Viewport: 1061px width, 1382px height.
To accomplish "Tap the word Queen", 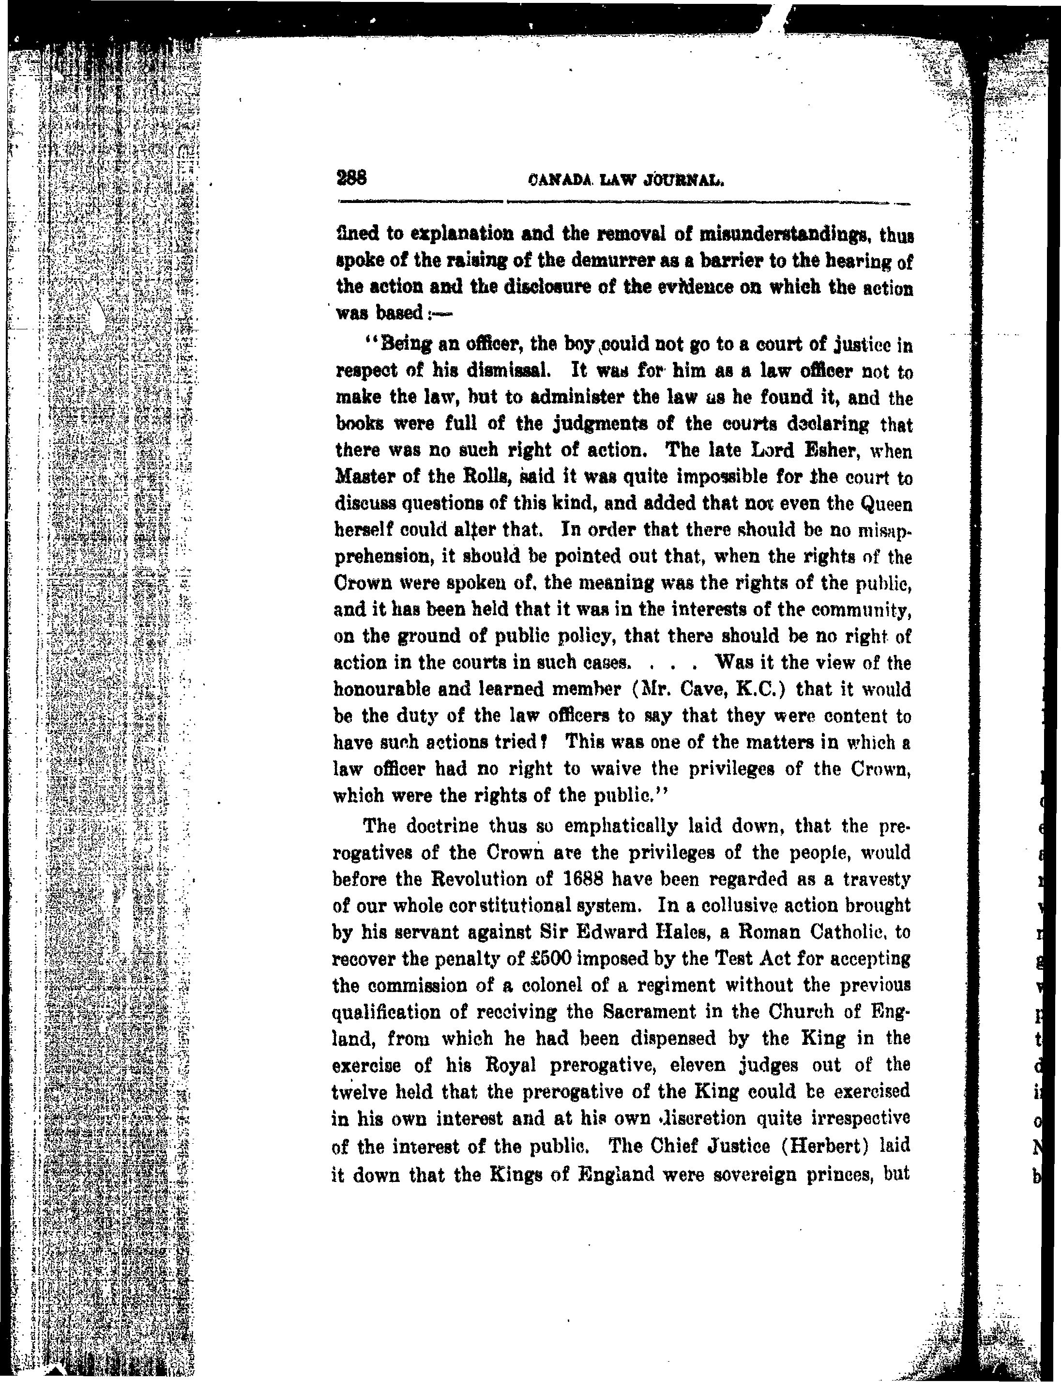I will pos(887,504).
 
